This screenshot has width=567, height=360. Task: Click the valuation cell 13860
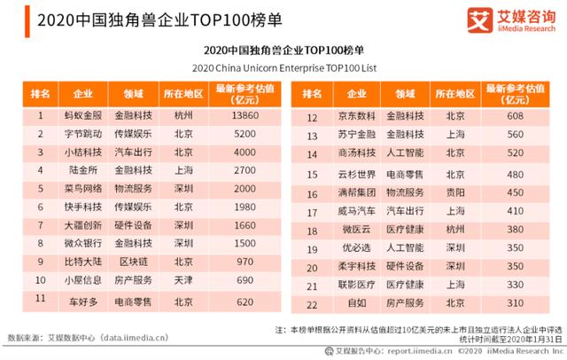coord(242,116)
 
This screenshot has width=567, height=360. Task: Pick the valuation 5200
coord(242,134)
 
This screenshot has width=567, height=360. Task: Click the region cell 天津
coord(183,281)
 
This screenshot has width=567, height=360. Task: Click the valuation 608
coord(514,117)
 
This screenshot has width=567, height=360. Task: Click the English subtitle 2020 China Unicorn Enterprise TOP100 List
coord(283,67)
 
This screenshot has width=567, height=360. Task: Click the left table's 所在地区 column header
coord(183,93)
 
